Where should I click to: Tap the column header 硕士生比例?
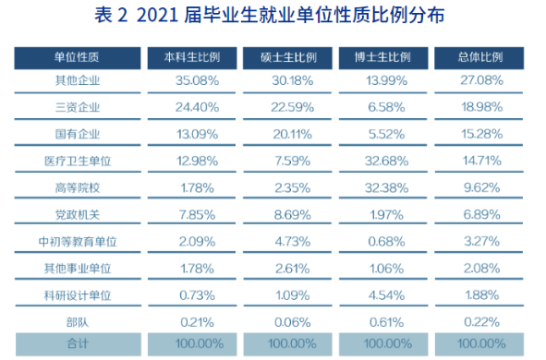click(x=291, y=57)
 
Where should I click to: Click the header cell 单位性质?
click(x=78, y=57)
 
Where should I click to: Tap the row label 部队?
click(x=78, y=322)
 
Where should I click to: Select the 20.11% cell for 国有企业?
click(x=291, y=134)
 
